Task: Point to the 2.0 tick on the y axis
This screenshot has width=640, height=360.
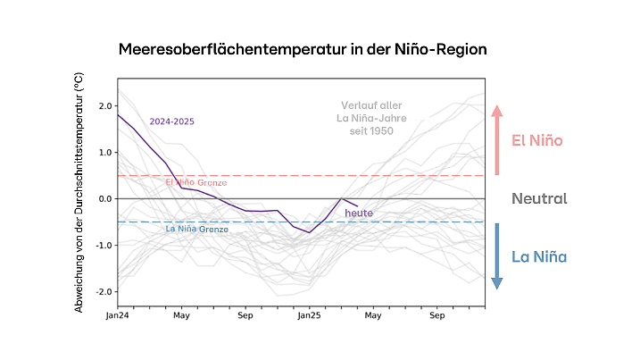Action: point(104,105)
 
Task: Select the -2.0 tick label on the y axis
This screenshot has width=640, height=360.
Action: point(104,291)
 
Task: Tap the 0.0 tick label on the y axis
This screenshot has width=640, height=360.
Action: point(104,198)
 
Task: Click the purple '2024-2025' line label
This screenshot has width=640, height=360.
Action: point(172,121)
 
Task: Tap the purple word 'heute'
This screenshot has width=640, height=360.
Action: point(359,213)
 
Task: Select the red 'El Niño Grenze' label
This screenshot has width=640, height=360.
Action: point(196,182)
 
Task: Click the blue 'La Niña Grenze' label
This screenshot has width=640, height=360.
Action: point(197,230)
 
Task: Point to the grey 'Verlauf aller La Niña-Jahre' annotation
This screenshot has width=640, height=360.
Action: point(372,118)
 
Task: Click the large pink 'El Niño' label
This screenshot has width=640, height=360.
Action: point(536,140)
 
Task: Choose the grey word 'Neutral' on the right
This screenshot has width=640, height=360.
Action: point(538,198)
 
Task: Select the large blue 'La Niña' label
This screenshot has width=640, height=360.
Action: point(538,257)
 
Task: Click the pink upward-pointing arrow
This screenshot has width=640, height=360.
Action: point(497,139)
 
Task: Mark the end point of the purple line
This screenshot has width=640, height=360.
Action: point(357,205)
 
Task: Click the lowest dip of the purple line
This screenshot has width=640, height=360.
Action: point(310,232)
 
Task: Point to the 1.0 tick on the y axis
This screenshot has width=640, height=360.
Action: point(104,152)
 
